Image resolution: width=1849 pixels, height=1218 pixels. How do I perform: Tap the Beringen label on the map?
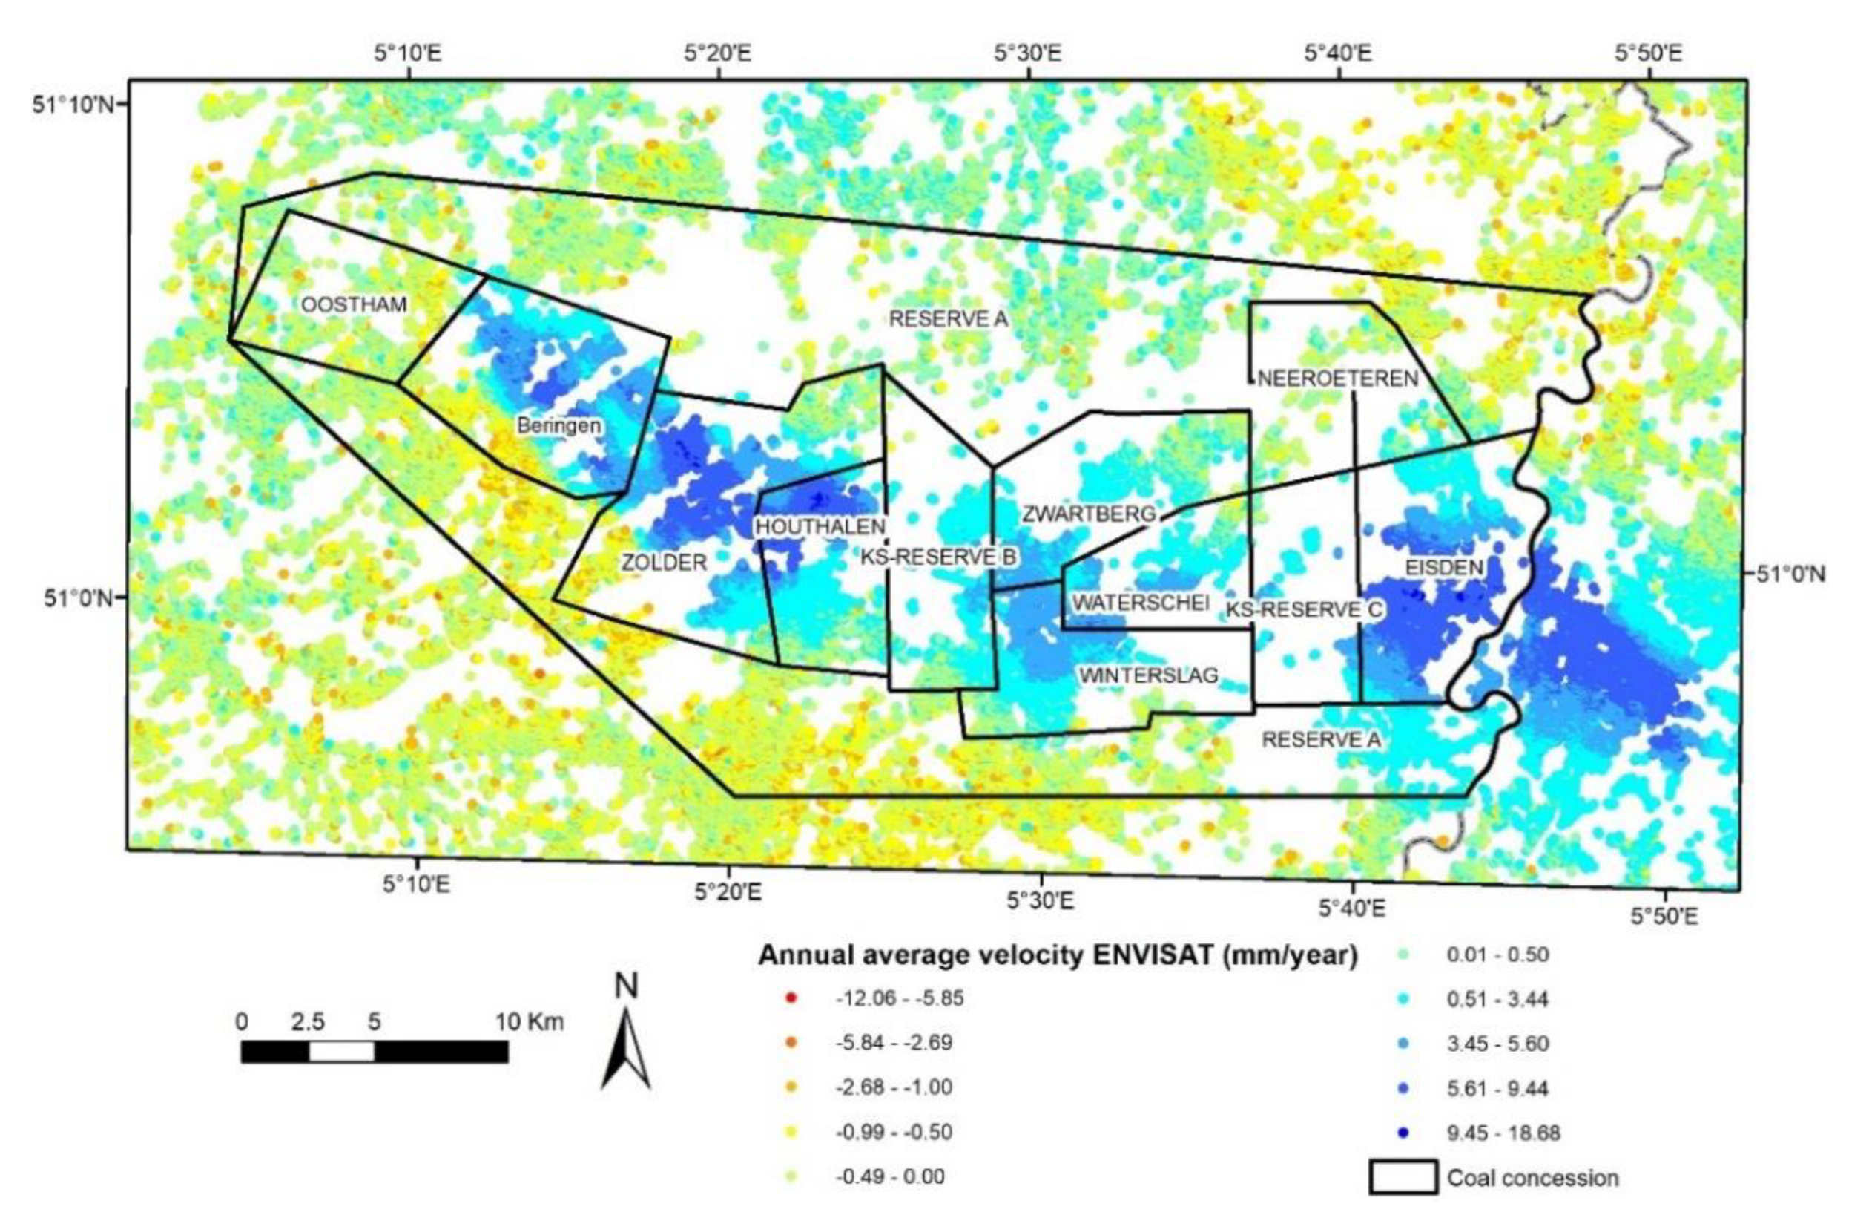(x=558, y=426)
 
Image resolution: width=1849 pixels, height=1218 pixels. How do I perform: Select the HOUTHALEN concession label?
(x=821, y=526)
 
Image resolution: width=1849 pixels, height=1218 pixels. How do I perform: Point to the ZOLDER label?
(x=664, y=562)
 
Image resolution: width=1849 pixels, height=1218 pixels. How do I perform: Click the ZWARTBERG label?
(x=1090, y=514)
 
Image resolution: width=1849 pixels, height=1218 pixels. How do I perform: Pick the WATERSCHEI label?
(x=1141, y=603)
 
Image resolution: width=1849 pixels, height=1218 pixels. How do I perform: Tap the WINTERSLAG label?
(x=1147, y=675)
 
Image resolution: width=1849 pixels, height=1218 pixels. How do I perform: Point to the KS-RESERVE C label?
(x=1305, y=610)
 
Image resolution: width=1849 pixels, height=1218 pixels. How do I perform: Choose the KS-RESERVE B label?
(x=938, y=557)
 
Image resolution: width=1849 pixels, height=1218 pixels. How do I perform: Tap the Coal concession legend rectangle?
(x=1403, y=1178)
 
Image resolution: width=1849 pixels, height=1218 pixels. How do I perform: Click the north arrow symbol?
(x=625, y=1041)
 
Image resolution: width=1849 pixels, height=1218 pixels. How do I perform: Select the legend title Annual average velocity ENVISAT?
(x=1058, y=956)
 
